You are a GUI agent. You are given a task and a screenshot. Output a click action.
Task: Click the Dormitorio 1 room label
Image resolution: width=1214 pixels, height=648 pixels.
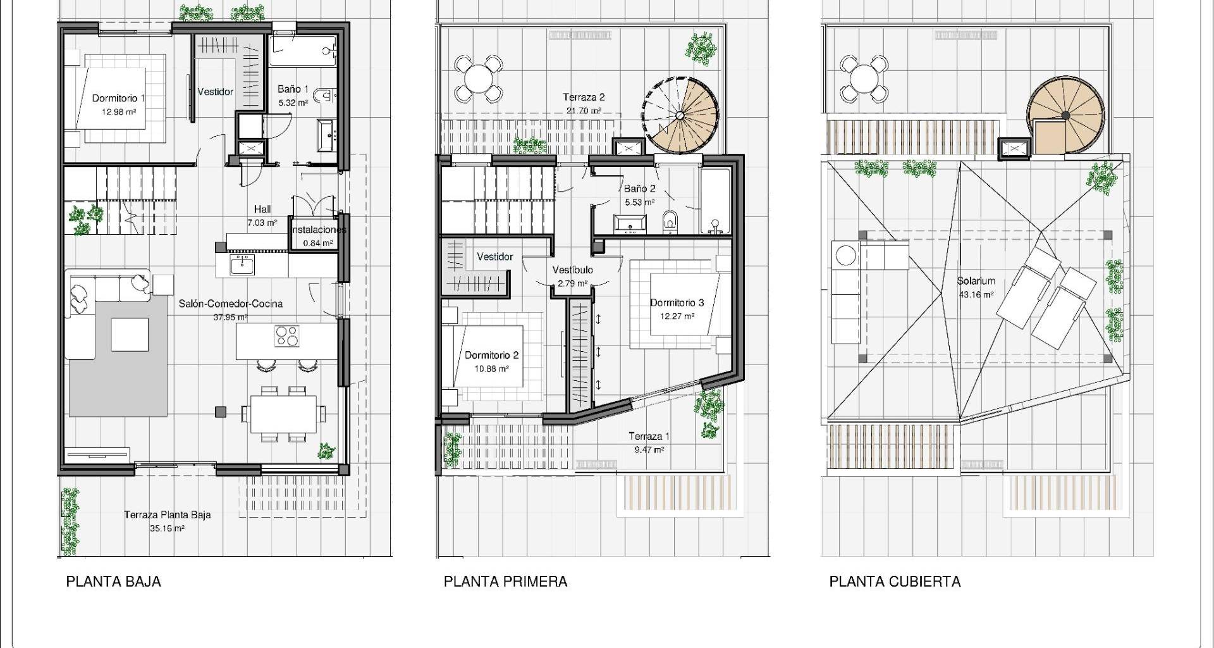click(119, 98)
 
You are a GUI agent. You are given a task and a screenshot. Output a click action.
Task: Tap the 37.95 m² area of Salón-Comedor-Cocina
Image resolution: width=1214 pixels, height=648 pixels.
click(231, 318)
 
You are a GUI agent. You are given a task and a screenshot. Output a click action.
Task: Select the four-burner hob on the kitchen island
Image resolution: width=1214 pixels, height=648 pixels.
click(287, 335)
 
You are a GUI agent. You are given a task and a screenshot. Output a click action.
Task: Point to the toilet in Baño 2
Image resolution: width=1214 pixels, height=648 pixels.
click(670, 221)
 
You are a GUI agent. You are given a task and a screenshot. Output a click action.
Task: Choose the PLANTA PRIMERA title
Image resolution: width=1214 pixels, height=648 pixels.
click(505, 582)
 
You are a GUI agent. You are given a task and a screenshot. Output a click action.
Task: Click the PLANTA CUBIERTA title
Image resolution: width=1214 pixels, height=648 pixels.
click(895, 582)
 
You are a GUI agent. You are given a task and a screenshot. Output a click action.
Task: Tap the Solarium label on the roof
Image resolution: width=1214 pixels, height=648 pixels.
click(976, 280)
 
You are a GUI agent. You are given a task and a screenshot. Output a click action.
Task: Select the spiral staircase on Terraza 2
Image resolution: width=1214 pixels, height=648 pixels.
click(681, 115)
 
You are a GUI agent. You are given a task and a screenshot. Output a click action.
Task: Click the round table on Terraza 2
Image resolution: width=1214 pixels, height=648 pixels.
click(478, 79)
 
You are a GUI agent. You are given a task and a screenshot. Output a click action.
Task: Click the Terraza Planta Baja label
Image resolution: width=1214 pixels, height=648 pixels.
click(168, 514)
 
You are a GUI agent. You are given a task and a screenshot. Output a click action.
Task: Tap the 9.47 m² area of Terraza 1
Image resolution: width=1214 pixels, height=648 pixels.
click(649, 450)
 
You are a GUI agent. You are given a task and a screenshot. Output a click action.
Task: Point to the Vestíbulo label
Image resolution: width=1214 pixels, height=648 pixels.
click(572, 270)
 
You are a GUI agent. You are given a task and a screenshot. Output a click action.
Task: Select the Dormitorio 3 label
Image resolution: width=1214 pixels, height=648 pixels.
click(677, 302)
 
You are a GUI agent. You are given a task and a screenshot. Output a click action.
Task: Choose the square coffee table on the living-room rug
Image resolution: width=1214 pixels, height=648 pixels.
click(130, 334)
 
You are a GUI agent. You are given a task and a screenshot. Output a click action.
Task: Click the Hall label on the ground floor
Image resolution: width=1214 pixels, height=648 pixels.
click(262, 209)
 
